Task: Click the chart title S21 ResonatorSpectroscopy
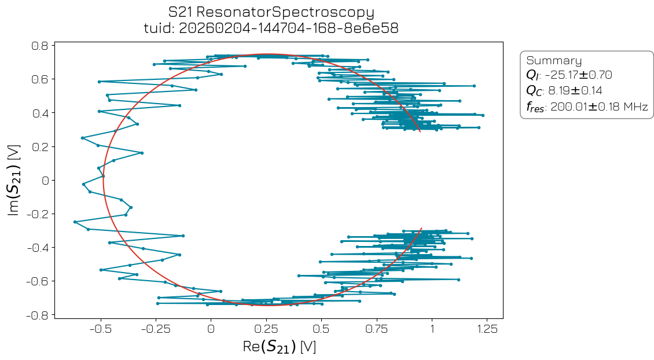coord(271,12)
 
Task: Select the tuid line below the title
coord(271,28)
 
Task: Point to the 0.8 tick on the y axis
coord(41,45)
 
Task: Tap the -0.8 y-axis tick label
coord(38,315)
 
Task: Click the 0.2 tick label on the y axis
coord(41,146)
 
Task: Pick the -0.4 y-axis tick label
coord(38,248)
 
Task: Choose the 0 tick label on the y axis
coord(46,180)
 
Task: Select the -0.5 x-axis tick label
coord(101,328)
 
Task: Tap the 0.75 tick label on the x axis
coord(377,328)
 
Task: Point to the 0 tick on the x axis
coord(211,328)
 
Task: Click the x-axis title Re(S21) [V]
coord(279,347)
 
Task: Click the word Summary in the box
coord(554,61)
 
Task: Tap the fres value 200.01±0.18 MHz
coord(599,106)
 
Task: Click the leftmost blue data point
coord(75,222)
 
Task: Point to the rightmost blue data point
coord(483,115)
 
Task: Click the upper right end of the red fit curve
coord(420,132)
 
